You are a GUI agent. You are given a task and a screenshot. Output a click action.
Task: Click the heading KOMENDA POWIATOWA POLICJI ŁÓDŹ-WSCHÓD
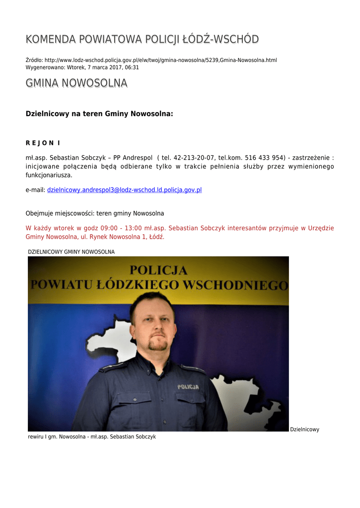click(x=142, y=39)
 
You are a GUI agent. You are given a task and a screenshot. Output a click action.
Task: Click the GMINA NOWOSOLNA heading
click(x=76, y=83)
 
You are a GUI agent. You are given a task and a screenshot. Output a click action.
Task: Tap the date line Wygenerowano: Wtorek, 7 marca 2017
click(x=82, y=67)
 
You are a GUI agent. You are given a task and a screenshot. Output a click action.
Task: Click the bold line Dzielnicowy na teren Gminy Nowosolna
click(x=99, y=114)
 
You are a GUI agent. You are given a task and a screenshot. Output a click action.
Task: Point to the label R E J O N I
click(x=43, y=143)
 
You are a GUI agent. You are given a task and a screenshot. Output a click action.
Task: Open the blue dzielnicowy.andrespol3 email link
click(x=124, y=190)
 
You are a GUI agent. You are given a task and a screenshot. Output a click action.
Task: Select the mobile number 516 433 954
click(x=265, y=158)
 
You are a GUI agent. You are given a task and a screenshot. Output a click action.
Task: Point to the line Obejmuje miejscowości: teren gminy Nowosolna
click(x=95, y=213)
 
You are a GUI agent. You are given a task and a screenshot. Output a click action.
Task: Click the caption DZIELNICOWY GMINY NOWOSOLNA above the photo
click(x=71, y=252)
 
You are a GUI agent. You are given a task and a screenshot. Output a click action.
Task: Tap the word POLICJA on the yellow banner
click(x=158, y=270)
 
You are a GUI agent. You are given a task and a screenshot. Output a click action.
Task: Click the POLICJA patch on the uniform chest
click(x=188, y=386)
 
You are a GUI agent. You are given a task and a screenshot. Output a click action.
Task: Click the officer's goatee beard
click(x=158, y=345)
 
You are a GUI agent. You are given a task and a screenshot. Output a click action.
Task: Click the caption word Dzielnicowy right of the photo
click(x=304, y=430)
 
